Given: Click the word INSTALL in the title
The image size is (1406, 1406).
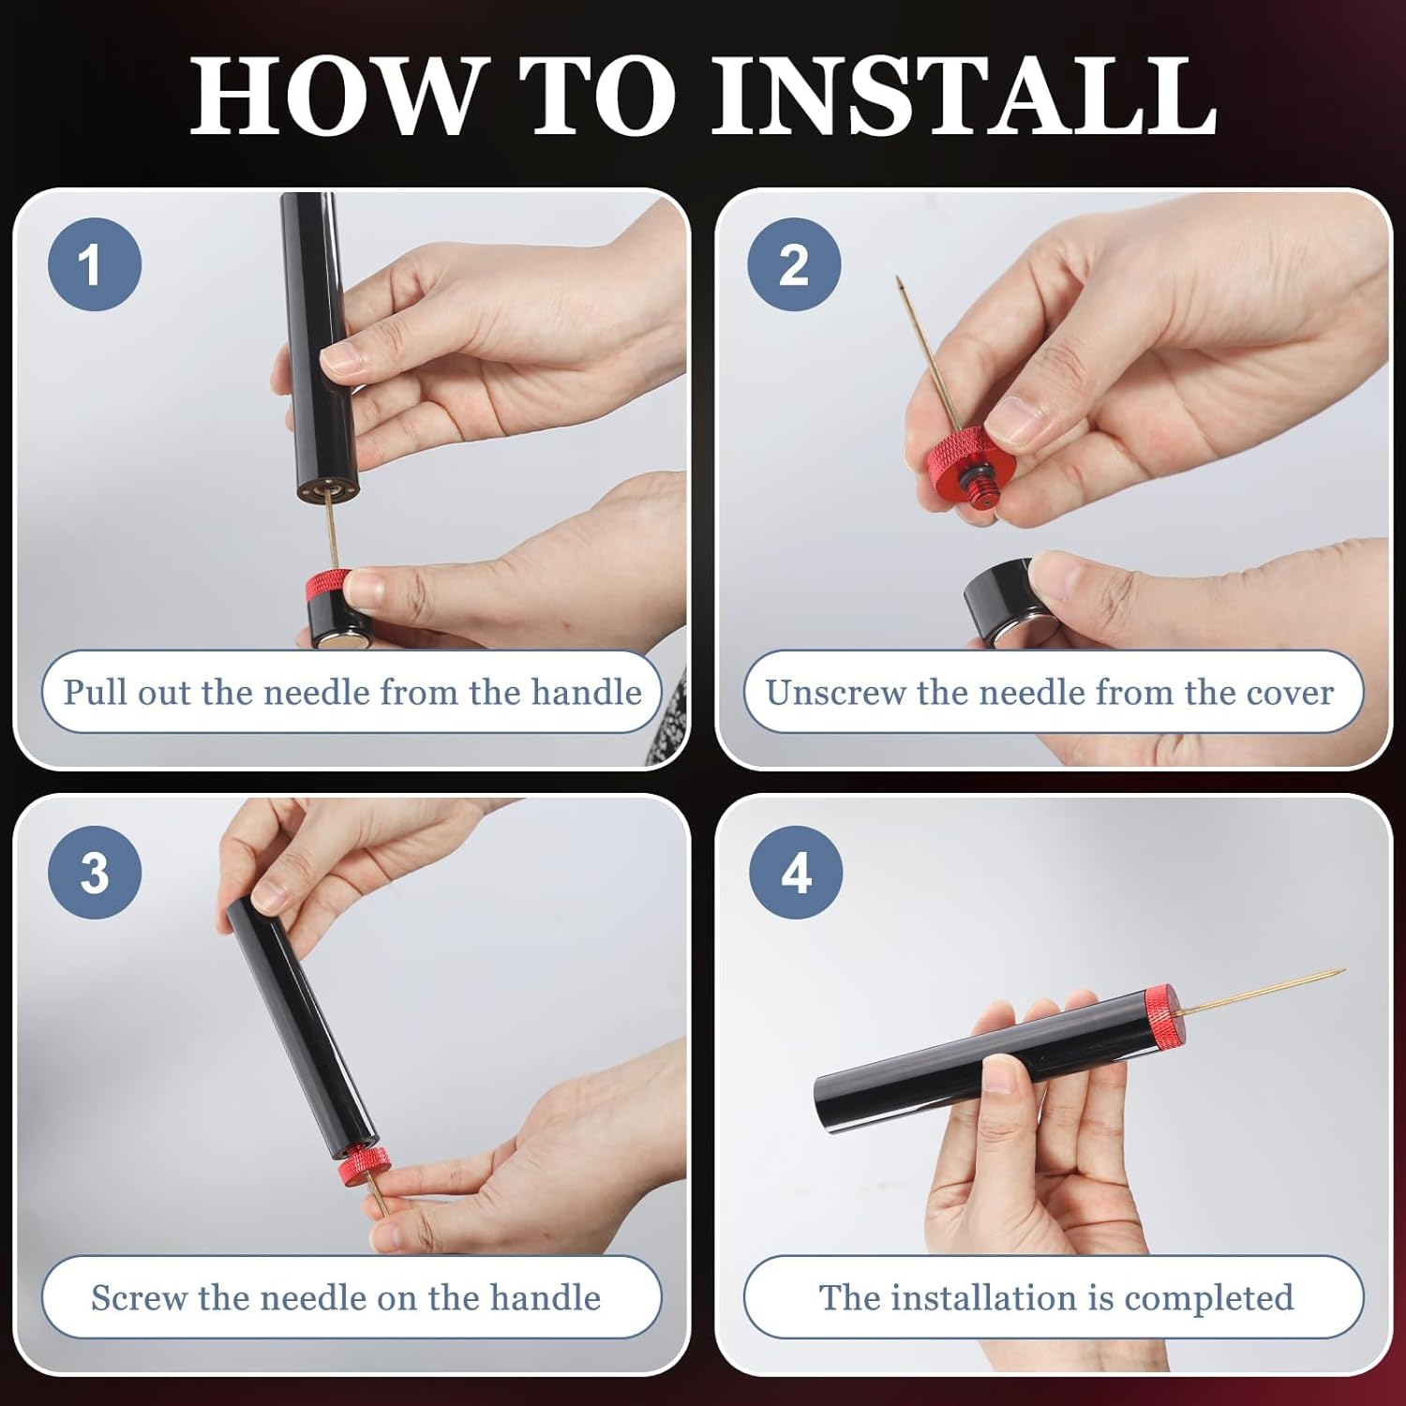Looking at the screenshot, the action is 965,96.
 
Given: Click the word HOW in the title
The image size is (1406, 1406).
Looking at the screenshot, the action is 333,96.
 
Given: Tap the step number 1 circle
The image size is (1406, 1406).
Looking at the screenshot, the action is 95,264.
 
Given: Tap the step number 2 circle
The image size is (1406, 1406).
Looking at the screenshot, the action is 794,264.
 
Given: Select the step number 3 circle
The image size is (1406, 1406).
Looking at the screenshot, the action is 95,872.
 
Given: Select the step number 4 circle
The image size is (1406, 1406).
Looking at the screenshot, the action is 796,872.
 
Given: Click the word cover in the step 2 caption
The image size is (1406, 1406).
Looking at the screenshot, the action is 1289,694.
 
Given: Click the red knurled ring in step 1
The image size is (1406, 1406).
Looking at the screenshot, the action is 328,586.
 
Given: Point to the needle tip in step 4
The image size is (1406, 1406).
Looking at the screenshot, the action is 1342,971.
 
